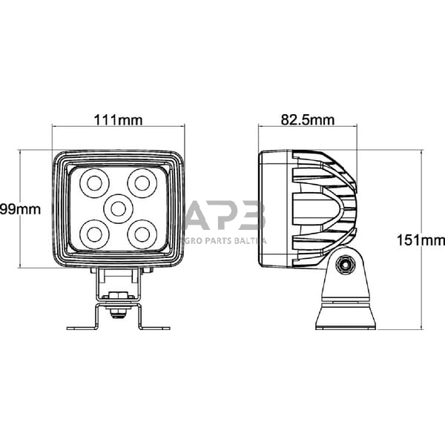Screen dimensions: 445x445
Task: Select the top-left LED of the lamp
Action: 94,181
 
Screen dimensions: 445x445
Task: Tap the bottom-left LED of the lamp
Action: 94,234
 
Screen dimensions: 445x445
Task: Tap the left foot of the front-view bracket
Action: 80,327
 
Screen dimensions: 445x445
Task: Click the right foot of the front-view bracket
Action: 155,327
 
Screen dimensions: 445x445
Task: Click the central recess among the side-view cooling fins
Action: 315,209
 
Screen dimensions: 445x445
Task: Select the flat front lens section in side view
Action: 274,209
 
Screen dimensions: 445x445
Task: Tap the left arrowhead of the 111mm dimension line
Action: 54,128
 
